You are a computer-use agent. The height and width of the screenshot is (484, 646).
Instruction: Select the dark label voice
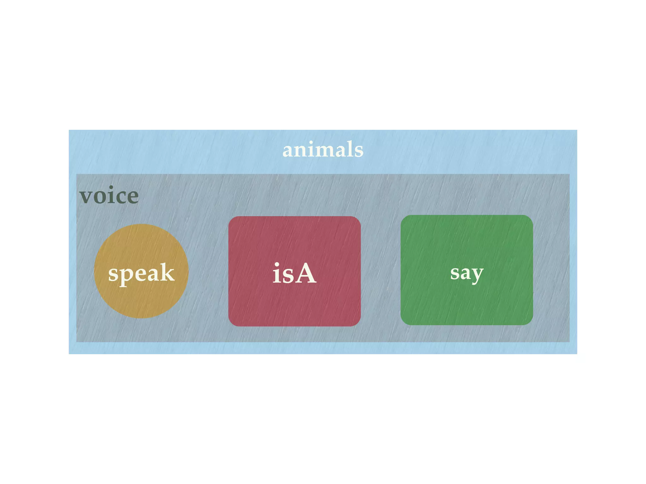tap(109, 196)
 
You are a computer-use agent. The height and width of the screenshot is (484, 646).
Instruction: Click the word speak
tap(141, 273)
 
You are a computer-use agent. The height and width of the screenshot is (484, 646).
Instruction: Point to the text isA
tap(294, 274)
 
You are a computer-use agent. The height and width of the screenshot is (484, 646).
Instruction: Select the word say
tap(467, 273)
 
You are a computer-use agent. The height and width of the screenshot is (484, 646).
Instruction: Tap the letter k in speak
tap(166, 272)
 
